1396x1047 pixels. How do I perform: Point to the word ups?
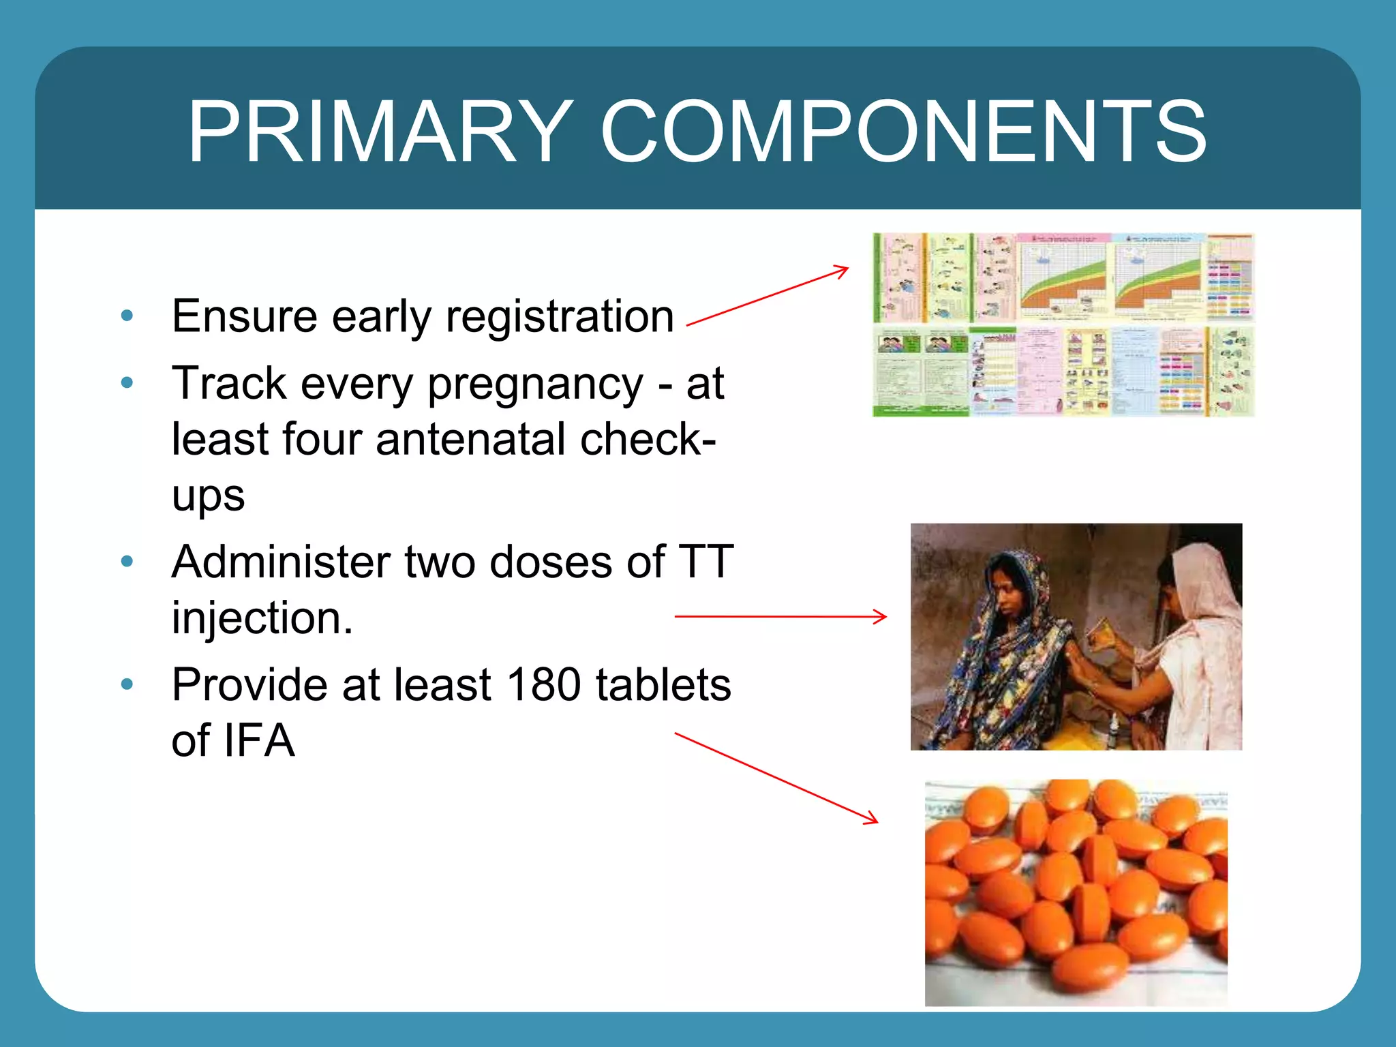(208, 496)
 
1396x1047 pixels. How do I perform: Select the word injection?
(262, 618)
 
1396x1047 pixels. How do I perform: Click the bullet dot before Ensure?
(127, 316)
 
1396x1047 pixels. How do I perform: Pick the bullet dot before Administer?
(127, 562)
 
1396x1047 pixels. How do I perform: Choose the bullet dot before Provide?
(127, 684)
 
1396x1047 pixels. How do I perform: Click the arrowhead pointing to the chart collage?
(843, 271)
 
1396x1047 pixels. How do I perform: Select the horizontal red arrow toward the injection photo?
(780, 616)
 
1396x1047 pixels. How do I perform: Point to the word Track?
(229, 383)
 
